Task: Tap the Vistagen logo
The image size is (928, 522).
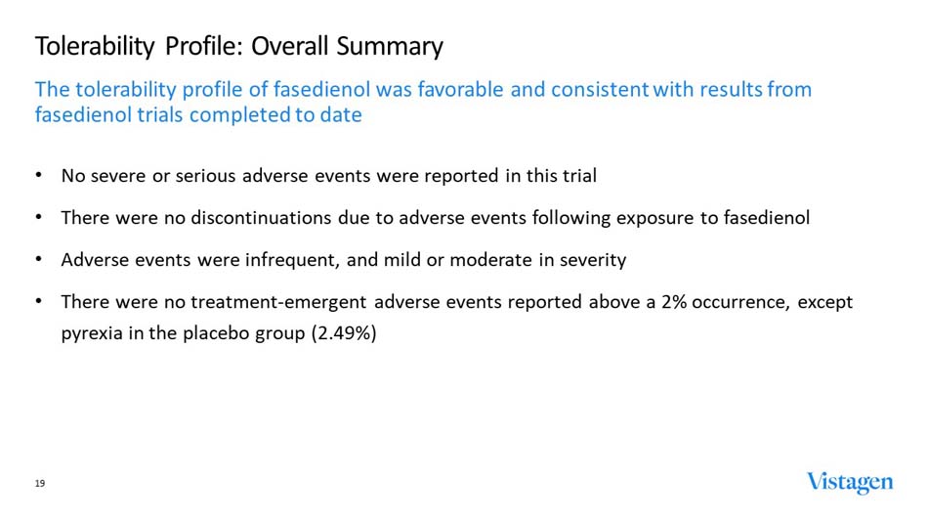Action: point(849,482)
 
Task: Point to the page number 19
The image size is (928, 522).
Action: point(40,484)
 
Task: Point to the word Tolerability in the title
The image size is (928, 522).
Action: point(95,46)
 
